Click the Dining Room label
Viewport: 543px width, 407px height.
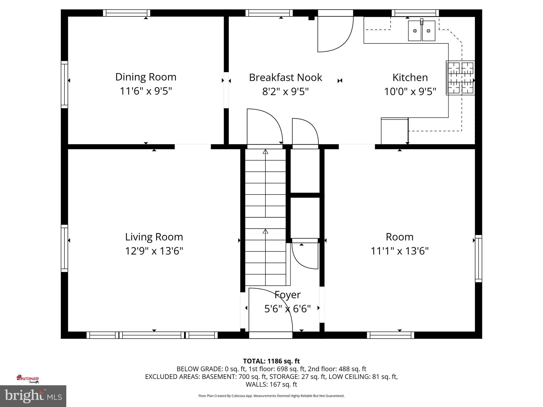click(x=146, y=77)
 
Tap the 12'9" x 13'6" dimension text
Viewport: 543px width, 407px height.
click(x=154, y=251)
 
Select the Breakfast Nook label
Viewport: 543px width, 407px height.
click(x=286, y=78)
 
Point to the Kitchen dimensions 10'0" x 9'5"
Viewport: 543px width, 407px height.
click(x=410, y=92)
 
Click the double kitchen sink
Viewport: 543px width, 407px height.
click(x=422, y=31)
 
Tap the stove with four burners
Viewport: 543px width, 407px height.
click(x=461, y=78)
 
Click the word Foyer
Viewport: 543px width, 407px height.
click(x=287, y=295)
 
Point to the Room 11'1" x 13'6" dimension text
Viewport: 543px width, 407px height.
click(x=399, y=251)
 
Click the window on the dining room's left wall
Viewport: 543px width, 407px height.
click(x=64, y=85)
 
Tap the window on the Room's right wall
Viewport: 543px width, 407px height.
click(x=478, y=258)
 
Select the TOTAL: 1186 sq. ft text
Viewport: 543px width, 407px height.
click(x=271, y=361)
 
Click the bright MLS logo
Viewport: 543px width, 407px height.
click(x=33, y=396)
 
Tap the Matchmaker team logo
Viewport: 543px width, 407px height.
click(x=28, y=379)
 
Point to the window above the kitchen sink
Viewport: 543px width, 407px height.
click(x=415, y=13)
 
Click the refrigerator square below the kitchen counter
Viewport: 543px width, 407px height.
click(x=394, y=131)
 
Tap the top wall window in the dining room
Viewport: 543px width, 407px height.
click(x=126, y=13)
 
